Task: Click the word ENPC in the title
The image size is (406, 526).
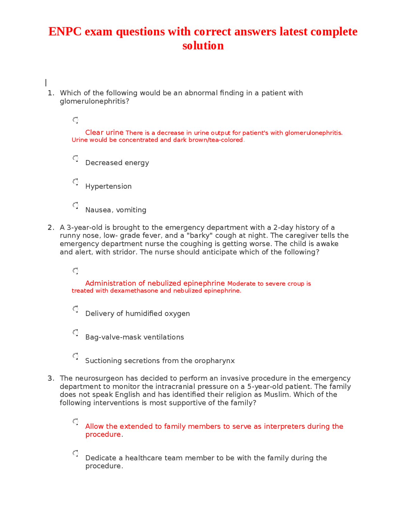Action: click(x=65, y=32)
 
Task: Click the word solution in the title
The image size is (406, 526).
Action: click(x=203, y=46)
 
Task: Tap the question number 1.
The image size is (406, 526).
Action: click(x=51, y=93)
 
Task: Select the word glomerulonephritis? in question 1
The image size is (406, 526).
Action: click(x=95, y=101)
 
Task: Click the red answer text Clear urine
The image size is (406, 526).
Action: click(x=104, y=132)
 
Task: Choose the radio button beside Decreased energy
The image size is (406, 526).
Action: click(x=75, y=158)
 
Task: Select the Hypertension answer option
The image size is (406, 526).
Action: click(x=108, y=186)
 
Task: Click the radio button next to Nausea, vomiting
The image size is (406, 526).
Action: click(x=75, y=206)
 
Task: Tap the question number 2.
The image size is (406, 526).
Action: click(x=51, y=227)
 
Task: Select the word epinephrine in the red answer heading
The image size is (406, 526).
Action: click(x=204, y=283)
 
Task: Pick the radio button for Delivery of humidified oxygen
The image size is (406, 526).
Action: click(x=75, y=309)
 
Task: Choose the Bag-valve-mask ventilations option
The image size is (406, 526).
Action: click(x=134, y=337)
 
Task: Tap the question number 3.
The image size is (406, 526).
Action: click(x=51, y=378)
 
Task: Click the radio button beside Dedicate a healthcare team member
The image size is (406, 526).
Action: click(x=75, y=453)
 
